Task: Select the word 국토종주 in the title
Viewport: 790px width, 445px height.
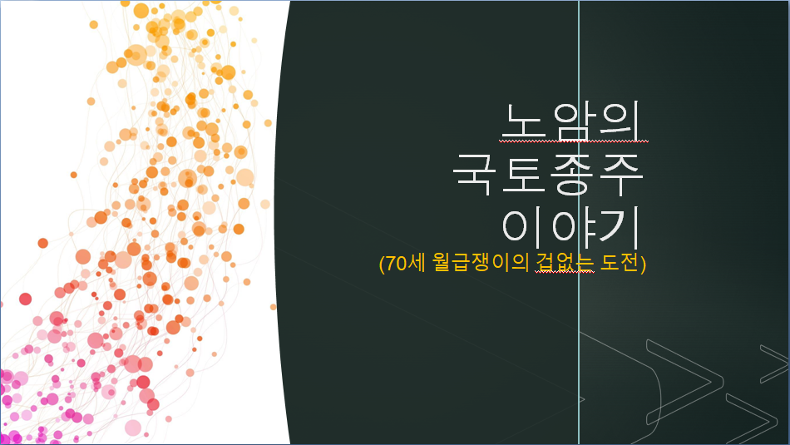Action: pyautogui.click(x=548, y=175)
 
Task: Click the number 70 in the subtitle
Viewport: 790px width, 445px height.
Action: pyautogui.click(x=396, y=263)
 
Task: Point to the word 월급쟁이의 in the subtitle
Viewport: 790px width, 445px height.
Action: pyautogui.click(x=481, y=263)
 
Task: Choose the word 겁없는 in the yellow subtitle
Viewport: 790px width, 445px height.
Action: pyautogui.click(x=565, y=263)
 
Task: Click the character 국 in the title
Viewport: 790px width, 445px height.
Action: pyautogui.click(x=473, y=175)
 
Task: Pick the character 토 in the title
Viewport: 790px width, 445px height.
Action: pyautogui.click(x=522, y=175)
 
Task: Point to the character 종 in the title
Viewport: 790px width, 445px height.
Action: pyautogui.click(x=572, y=175)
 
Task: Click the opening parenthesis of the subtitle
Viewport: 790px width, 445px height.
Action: pyautogui.click(x=382, y=264)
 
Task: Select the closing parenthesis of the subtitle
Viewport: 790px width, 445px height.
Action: pyautogui.click(x=643, y=264)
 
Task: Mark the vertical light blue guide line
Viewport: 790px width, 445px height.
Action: pyautogui.click(x=579, y=222)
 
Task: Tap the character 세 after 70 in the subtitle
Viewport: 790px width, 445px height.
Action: pyautogui.click(x=417, y=263)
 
